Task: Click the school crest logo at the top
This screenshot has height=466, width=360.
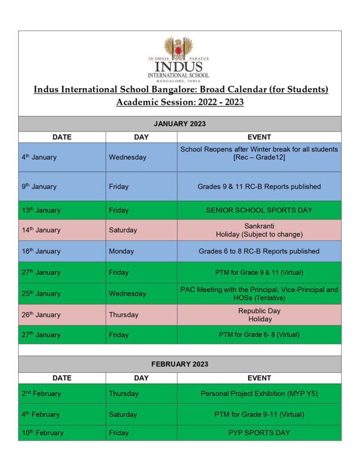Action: pyautogui.click(x=178, y=49)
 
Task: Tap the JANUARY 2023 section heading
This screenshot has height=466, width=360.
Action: pyautogui.click(x=180, y=124)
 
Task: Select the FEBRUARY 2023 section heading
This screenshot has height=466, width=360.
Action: pyautogui.click(x=180, y=364)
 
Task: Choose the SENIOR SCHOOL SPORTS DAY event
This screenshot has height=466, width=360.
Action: pyautogui.click(x=259, y=210)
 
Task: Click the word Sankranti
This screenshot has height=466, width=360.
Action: pyautogui.click(x=259, y=226)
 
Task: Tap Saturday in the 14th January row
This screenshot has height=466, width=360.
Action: pyautogui.click(x=123, y=230)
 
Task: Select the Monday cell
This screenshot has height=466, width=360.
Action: pyautogui.click(x=122, y=251)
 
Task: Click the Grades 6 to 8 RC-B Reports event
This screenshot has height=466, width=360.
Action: pyautogui.click(x=259, y=251)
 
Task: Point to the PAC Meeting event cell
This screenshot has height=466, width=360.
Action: pyautogui.click(x=259, y=294)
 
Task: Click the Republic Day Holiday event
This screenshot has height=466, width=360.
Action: pyautogui.click(x=259, y=315)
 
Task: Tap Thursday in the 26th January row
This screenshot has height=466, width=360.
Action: pyautogui.click(x=123, y=315)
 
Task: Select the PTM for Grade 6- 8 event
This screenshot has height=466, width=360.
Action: pyautogui.click(x=259, y=335)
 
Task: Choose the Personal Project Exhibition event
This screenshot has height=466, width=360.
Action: pyautogui.click(x=259, y=394)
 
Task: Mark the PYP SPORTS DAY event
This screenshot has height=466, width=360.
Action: pyautogui.click(x=259, y=433)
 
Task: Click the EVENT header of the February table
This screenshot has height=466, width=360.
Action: pyautogui.click(x=259, y=378)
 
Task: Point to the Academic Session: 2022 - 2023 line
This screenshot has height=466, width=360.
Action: pyautogui.click(x=180, y=102)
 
